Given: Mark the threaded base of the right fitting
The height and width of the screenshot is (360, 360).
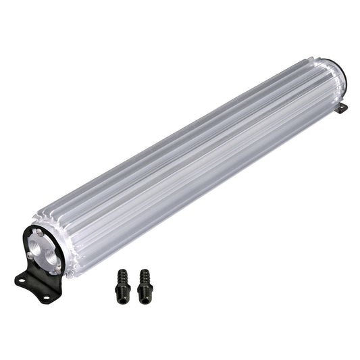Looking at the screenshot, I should pyautogui.click(x=145, y=292).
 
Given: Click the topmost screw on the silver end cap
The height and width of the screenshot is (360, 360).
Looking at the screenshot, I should pyautogui.click(x=39, y=232).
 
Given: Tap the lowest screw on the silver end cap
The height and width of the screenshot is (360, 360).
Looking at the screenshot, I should pyautogui.click(x=57, y=266).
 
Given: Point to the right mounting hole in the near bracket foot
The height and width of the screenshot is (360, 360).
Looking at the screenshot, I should pyautogui.click(x=47, y=297).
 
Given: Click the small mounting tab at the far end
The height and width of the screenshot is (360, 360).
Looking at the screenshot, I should pyautogui.click(x=342, y=107).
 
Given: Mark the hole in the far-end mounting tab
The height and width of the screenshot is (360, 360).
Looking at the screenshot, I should pyautogui.click(x=343, y=108).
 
